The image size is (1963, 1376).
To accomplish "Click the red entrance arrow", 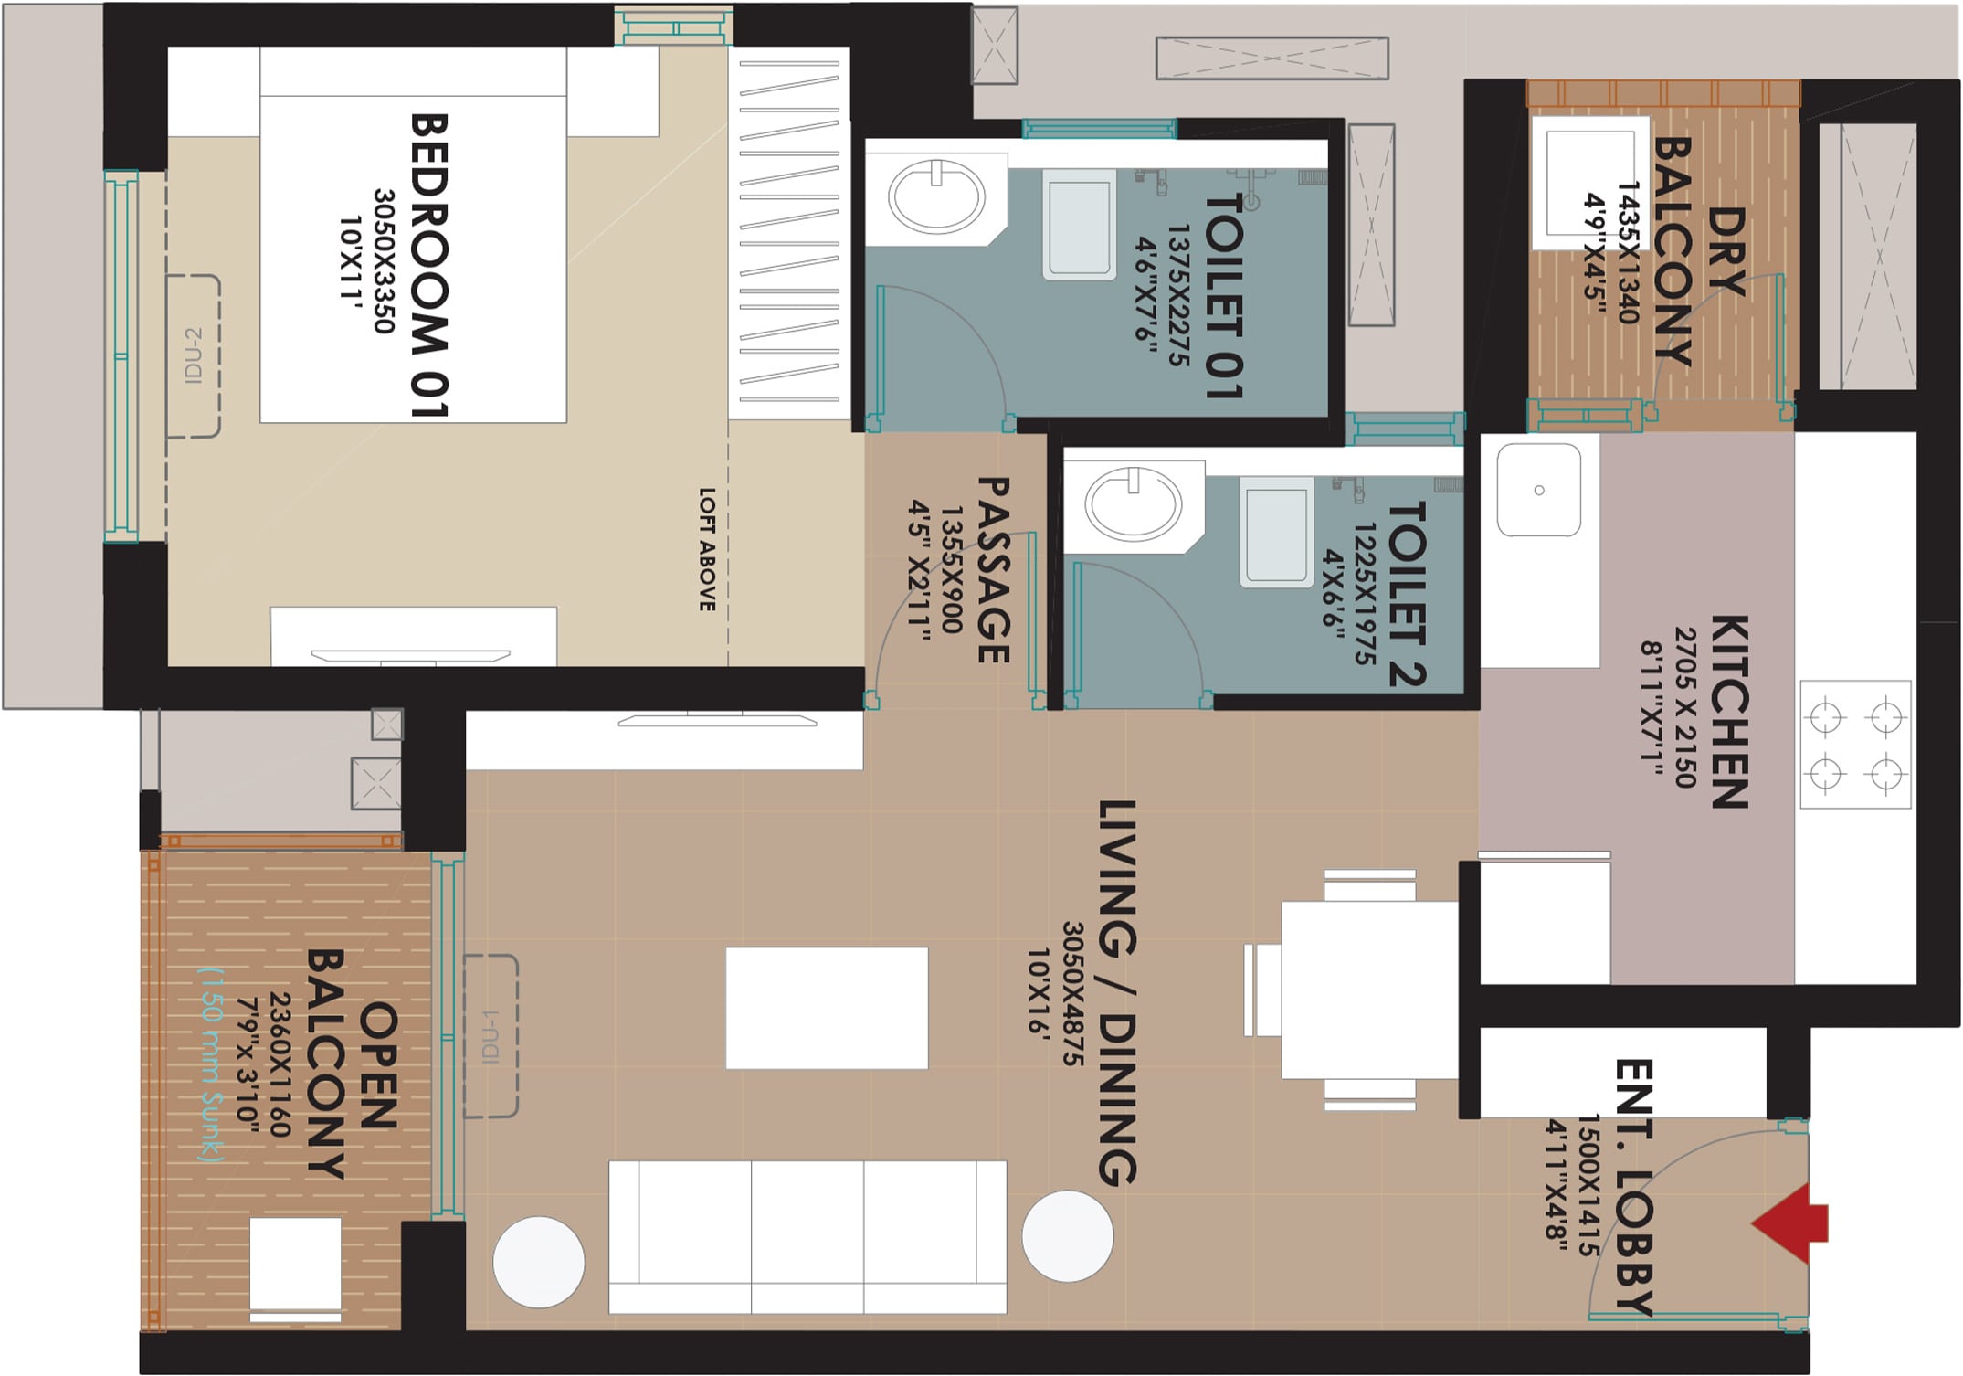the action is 1790,1223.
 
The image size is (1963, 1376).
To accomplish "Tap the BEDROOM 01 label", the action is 428,265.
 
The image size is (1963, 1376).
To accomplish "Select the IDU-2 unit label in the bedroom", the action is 193,355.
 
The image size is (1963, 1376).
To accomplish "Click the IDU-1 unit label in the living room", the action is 491,1036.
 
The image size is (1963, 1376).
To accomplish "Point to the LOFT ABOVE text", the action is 707,549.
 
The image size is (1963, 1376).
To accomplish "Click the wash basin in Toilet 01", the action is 936,196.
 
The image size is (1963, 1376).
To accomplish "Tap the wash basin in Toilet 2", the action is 1133,503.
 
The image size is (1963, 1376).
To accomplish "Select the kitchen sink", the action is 1539,490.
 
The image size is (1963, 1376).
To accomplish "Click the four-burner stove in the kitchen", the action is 1855,745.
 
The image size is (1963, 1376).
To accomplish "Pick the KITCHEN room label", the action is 1729,712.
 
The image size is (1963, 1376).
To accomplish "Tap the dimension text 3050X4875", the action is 1072,993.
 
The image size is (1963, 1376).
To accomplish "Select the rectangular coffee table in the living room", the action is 827,1008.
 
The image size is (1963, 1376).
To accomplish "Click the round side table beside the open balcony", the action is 539,1262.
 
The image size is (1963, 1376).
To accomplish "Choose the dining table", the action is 1369,990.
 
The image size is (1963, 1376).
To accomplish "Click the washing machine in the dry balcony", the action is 1590,183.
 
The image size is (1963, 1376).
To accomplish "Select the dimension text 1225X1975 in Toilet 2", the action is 1365,594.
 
